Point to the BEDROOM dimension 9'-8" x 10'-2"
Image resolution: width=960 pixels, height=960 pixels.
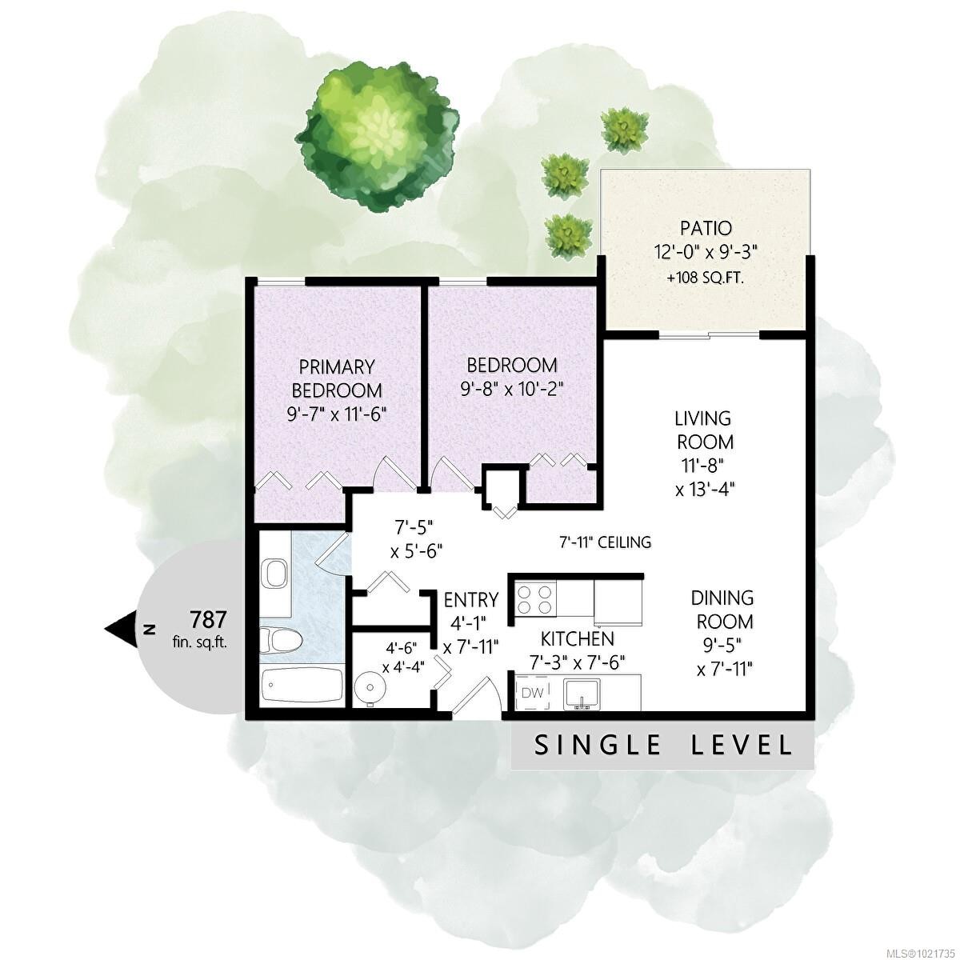(512, 389)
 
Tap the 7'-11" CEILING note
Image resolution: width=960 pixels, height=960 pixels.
(605, 542)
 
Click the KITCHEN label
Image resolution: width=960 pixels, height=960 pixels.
(578, 638)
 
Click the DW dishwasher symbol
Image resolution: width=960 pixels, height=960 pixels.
(531, 693)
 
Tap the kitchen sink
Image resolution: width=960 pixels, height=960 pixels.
(582, 694)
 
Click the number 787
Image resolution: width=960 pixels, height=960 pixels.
(209, 618)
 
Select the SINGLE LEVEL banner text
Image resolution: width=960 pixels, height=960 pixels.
(662, 746)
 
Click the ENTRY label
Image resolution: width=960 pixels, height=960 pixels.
(470, 600)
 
